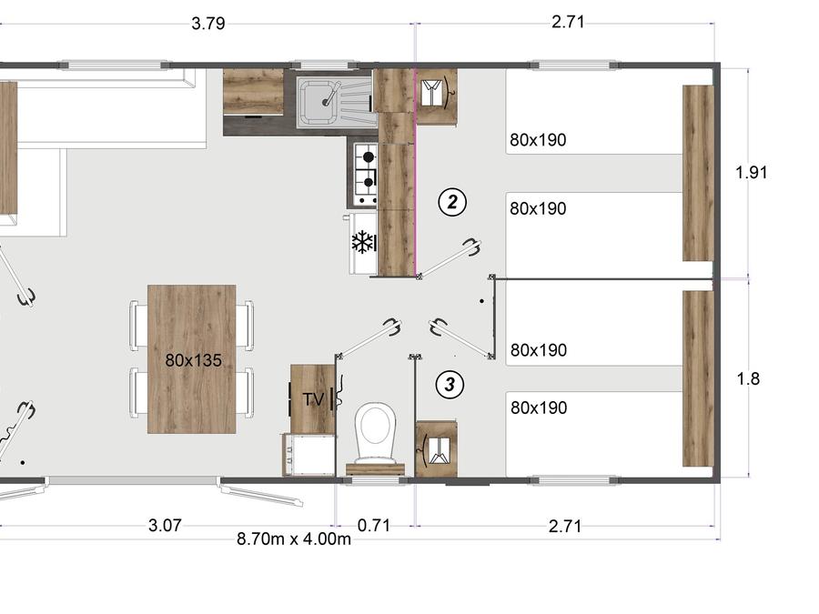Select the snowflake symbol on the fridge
pyautogui.click(x=362, y=242)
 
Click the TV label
pyautogui.click(x=313, y=399)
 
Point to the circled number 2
pyautogui.click(x=451, y=202)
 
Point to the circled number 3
pyautogui.click(x=450, y=385)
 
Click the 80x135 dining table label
pyautogui.click(x=193, y=360)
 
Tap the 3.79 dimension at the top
pyautogui.click(x=207, y=24)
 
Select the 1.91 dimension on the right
pyautogui.click(x=751, y=172)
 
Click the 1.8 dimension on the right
pyautogui.click(x=748, y=378)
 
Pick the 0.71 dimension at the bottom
pyautogui.click(x=374, y=525)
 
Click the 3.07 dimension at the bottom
pyautogui.click(x=165, y=525)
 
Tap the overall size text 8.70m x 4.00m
pyautogui.click(x=294, y=539)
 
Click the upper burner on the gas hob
pyautogui.click(x=369, y=156)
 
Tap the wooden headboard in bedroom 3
pyautogui.click(x=698, y=378)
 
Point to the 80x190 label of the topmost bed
pyautogui.click(x=538, y=140)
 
